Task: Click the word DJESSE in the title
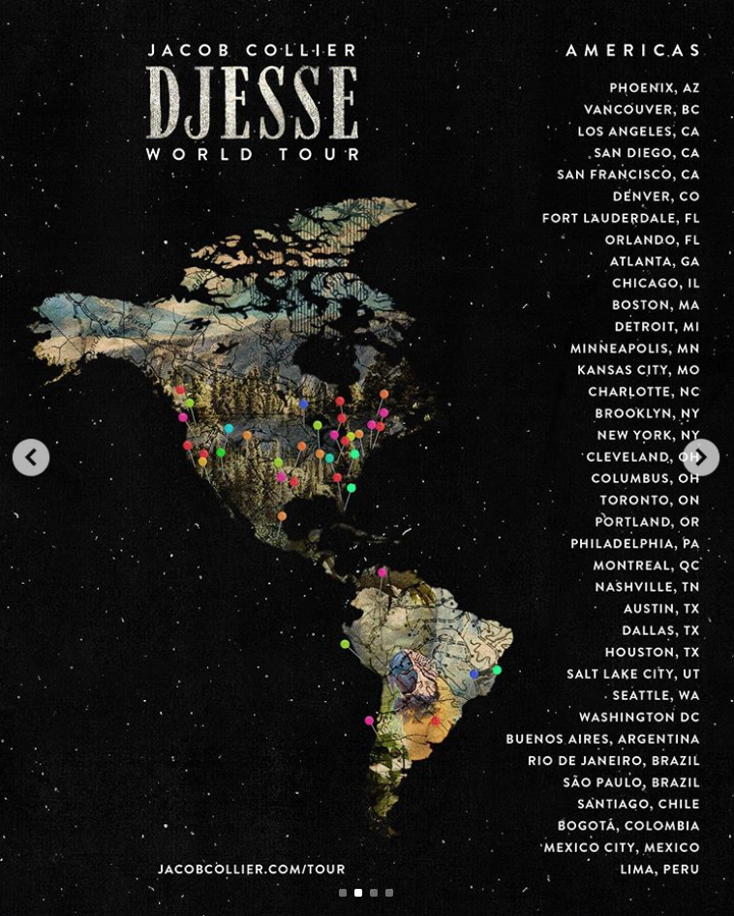click(x=253, y=102)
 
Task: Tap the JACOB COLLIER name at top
click(x=253, y=50)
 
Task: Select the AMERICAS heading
click(x=633, y=50)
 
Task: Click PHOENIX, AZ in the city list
click(x=654, y=88)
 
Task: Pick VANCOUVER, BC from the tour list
click(x=641, y=109)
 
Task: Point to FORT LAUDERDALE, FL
click(x=621, y=218)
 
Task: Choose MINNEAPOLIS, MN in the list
click(x=634, y=349)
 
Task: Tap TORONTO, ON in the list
click(x=649, y=501)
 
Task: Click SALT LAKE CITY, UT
click(x=632, y=674)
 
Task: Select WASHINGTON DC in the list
click(x=638, y=718)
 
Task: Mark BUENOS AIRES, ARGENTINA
click(x=602, y=739)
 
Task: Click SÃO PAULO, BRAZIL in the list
click(x=630, y=782)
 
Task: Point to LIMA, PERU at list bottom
click(x=659, y=870)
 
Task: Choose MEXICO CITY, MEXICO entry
click(x=621, y=847)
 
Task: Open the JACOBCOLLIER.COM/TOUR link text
click(x=252, y=870)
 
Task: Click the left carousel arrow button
click(x=31, y=457)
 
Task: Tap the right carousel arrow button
click(x=701, y=457)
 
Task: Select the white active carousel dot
click(x=358, y=893)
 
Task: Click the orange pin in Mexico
click(x=282, y=517)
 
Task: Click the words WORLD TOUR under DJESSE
click(x=253, y=154)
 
